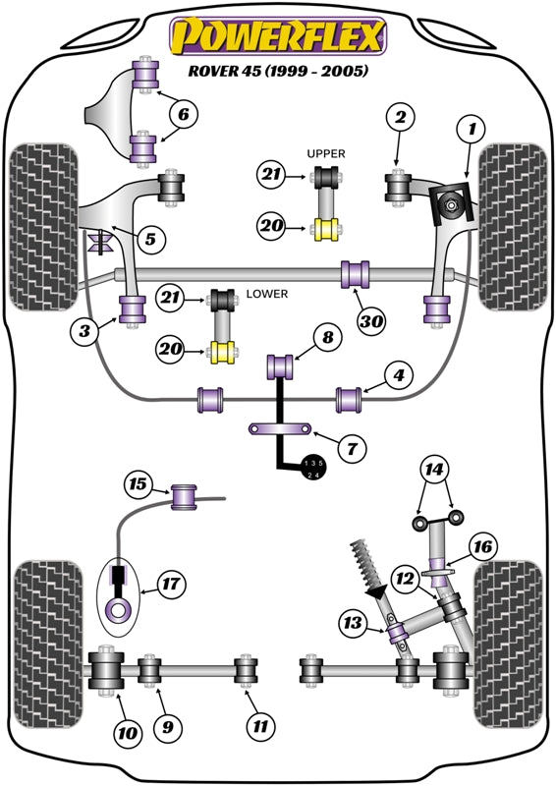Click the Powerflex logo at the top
point(277,37)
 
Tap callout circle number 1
point(472,128)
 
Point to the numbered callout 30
point(371,319)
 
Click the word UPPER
point(324,154)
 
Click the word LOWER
point(265,294)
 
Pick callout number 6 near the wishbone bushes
point(182,115)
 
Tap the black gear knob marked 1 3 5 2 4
point(312,469)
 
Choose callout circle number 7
point(352,448)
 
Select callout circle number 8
point(328,338)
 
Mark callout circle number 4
point(398,374)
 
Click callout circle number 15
point(139,483)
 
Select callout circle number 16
point(481,547)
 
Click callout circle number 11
point(258,728)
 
